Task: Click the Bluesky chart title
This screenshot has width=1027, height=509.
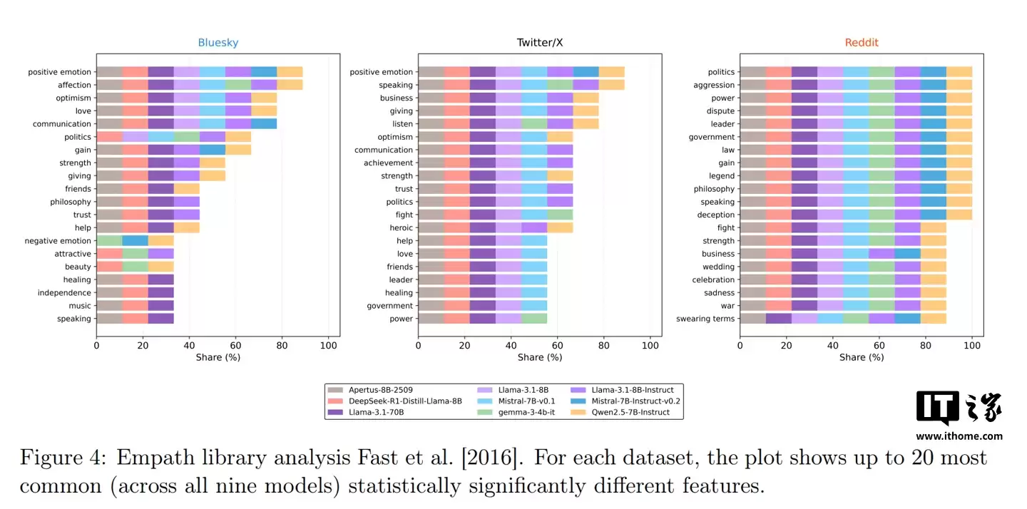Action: [218, 43]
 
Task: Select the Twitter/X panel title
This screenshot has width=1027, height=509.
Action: [540, 43]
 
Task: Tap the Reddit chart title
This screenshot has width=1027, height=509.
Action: [862, 43]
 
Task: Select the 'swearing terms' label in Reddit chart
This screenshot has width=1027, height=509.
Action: [705, 319]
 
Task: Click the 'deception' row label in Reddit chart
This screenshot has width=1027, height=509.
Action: [715, 215]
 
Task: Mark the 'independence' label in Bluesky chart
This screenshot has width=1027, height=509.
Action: [64, 293]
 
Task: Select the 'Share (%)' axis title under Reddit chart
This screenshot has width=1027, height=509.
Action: [862, 357]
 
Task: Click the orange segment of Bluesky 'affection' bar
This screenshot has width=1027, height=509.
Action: [290, 85]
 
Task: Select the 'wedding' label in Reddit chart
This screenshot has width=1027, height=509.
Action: [718, 267]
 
